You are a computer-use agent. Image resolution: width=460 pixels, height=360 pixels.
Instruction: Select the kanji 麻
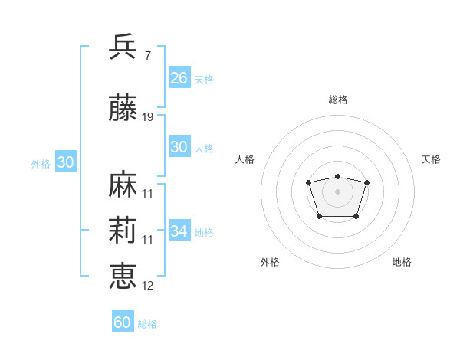pyautogui.click(x=124, y=185)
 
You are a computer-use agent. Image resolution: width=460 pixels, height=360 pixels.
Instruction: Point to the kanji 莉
pyautogui.click(x=124, y=231)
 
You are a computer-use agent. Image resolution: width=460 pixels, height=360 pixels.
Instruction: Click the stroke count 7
pyautogui.click(x=147, y=55)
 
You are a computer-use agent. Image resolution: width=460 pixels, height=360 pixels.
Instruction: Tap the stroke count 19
pyautogui.click(x=148, y=118)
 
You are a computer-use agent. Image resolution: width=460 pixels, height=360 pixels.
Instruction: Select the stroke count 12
pyautogui.click(x=148, y=286)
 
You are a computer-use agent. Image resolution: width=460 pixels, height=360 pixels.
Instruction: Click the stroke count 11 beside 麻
pyautogui.click(x=148, y=193)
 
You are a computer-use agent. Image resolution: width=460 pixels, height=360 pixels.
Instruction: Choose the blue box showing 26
pyautogui.click(x=179, y=77)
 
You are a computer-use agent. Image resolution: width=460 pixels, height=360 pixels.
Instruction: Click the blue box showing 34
pyautogui.click(x=179, y=231)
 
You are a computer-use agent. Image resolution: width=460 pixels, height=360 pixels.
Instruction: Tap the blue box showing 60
pyautogui.click(x=123, y=322)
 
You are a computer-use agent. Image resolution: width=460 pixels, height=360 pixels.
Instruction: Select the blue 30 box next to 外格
pyautogui.click(x=65, y=162)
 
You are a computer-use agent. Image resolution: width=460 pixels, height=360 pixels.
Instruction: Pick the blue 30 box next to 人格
pyautogui.click(x=179, y=147)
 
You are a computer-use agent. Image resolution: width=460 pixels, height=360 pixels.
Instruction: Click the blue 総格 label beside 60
pyautogui.click(x=147, y=324)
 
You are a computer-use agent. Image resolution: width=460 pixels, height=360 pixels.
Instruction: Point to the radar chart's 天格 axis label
pyautogui.click(x=431, y=159)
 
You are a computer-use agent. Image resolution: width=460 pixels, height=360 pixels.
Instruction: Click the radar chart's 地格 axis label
pyautogui.click(x=402, y=262)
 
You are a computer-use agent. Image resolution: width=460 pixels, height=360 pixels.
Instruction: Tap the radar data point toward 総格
pyautogui.click(x=337, y=177)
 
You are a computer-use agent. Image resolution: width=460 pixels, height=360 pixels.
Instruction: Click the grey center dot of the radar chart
pyautogui.click(x=337, y=191)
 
